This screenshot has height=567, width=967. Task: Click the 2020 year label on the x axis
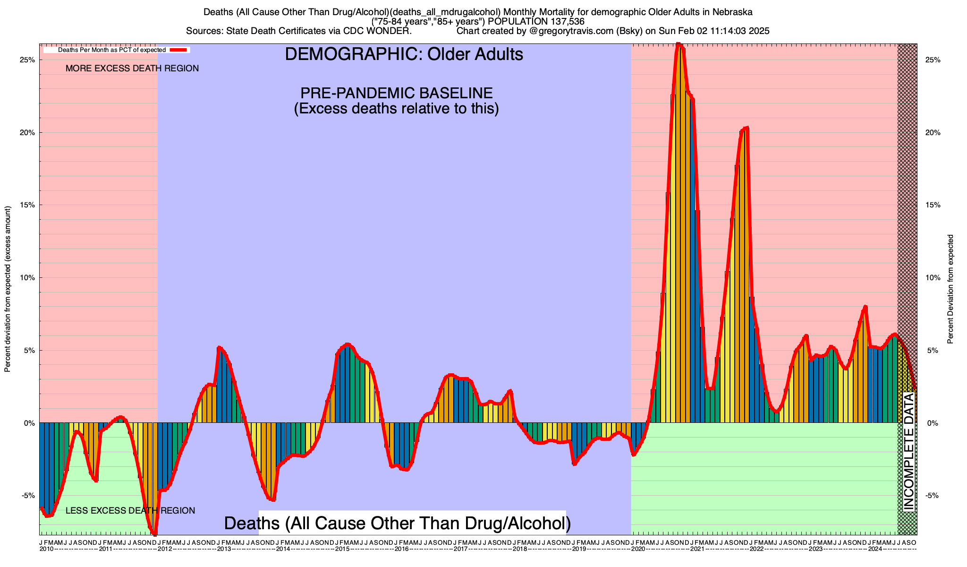click(x=638, y=549)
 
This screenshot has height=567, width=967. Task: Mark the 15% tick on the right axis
click(x=933, y=205)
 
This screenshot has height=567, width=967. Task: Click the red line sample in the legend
click(x=179, y=50)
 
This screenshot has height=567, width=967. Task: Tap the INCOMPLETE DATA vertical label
click(x=908, y=452)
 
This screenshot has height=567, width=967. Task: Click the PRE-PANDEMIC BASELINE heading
click(x=397, y=93)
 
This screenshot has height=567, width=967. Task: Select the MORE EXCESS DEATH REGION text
click(x=132, y=69)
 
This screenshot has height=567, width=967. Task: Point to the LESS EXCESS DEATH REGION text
click(x=130, y=511)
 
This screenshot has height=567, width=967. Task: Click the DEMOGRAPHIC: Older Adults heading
click(x=404, y=54)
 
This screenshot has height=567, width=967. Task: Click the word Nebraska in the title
click(x=732, y=11)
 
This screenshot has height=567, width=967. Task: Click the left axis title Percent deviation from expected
click(x=8, y=289)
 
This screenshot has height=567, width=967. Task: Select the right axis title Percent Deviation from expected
click(x=950, y=289)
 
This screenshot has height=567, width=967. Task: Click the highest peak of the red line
click(x=679, y=44)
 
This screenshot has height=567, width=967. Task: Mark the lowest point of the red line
click(x=154, y=534)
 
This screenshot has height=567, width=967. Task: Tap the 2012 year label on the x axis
click(x=164, y=549)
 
